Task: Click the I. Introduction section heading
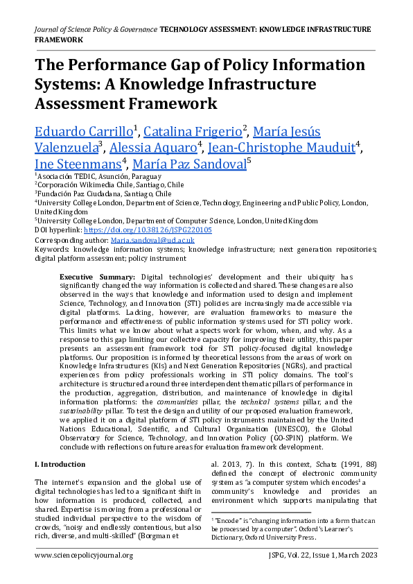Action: pyautogui.click(x=61, y=463)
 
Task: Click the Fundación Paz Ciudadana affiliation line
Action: pyautogui.click(x=104, y=194)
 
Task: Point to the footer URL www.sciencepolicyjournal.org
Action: pyautogui.click(x=83, y=556)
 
